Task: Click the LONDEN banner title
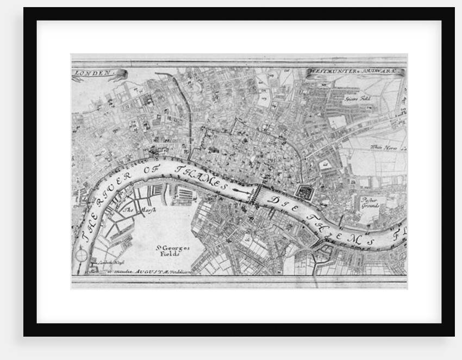point(93,72)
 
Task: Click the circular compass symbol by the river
point(82,254)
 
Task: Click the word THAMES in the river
point(201,177)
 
